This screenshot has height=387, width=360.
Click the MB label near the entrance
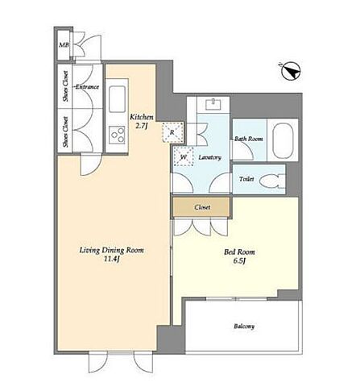pyautogui.click(x=64, y=45)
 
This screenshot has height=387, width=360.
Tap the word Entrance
pyautogui.click(x=87, y=87)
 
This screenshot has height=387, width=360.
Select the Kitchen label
pyautogui.click(x=142, y=117)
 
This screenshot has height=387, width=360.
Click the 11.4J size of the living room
pyautogui.click(x=111, y=260)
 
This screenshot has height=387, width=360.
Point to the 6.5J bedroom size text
pyautogui.click(x=239, y=261)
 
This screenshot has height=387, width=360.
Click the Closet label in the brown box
pyautogui.click(x=202, y=207)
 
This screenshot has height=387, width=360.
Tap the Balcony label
pyautogui.click(x=244, y=327)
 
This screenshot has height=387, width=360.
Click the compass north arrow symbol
pyautogui.click(x=291, y=71)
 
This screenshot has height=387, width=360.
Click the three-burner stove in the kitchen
pyautogui.click(x=117, y=135)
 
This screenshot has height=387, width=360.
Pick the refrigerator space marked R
pyautogui.click(x=173, y=131)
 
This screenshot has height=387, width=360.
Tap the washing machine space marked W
pyautogui.click(x=184, y=156)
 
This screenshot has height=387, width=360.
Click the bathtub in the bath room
pyautogui.click(x=283, y=140)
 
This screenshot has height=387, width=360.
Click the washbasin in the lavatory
pyautogui.click(x=213, y=104)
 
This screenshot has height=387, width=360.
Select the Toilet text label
pyautogui.click(x=246, y=179)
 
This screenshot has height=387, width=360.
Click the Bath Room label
pyautogui.click(x=248, y=139)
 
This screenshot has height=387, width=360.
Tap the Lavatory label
pyautogui.click(x=210, y=157)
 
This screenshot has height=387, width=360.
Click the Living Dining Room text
pyautogui.click(x=112, y=251)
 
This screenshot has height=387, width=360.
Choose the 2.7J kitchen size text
pyautogui.click(x=142, y=126)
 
